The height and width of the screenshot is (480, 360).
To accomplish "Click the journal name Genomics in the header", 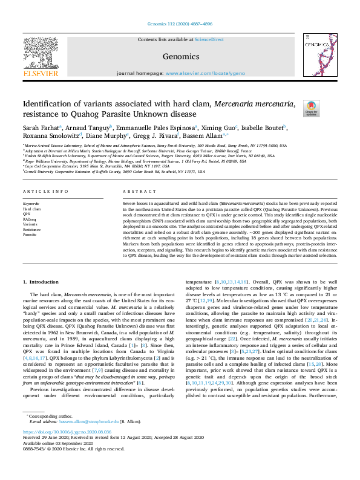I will click(x=181, y=57).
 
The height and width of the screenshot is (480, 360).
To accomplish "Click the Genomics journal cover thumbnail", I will click(x=319, y=55).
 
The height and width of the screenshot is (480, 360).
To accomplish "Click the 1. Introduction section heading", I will click(x=42, y=282).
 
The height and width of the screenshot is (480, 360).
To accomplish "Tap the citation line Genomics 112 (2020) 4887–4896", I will click(x=180, y=25).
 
